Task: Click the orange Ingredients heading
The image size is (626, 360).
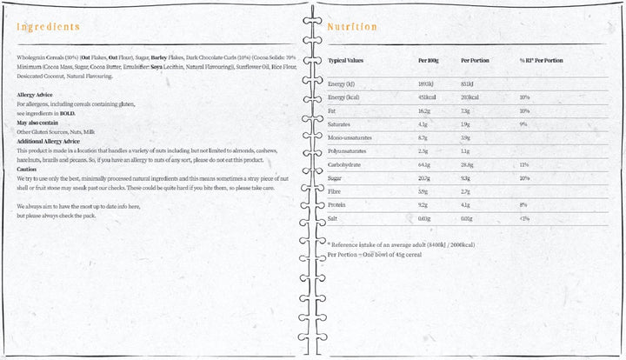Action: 49,27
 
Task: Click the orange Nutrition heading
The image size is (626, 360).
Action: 351,27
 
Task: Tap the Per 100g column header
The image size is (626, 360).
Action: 428,61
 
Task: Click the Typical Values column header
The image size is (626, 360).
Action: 345,61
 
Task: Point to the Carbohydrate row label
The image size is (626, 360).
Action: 344,163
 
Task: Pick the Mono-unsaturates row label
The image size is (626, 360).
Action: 347,137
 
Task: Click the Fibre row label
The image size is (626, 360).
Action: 336,190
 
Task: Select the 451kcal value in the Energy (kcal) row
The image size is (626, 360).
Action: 427,97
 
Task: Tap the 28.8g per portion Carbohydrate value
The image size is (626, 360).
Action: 468,163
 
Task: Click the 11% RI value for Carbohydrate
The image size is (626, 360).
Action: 524,163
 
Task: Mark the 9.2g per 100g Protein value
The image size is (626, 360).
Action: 424,203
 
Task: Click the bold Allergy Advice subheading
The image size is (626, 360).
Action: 36,94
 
